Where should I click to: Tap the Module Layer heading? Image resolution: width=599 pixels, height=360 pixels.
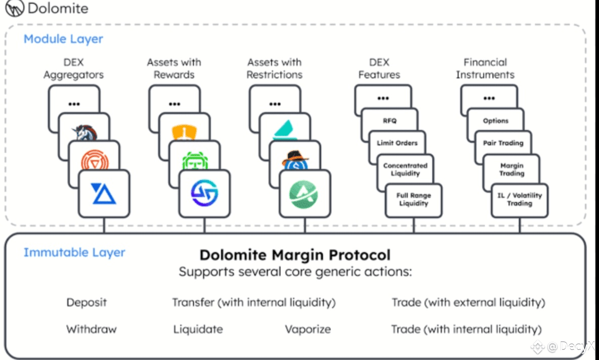63,39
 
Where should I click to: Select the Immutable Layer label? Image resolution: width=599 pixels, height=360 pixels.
74,252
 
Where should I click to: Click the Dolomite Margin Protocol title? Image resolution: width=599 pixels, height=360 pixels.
295,255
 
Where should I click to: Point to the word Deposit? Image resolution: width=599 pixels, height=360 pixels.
87,302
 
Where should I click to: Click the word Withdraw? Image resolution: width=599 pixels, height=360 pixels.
91,329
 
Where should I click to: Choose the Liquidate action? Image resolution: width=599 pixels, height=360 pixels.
198,329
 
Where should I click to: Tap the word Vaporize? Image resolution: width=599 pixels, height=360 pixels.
308,329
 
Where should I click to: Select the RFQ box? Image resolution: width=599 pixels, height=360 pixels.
390,121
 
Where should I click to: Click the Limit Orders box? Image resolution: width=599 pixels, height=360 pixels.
397,143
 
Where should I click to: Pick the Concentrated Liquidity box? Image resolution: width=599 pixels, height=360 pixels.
405,169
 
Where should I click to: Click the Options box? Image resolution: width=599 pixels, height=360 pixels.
496,121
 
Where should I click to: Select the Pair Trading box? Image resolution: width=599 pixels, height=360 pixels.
503,143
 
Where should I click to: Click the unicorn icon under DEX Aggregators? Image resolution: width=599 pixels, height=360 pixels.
85,132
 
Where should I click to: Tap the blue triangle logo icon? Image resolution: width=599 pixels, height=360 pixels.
104,194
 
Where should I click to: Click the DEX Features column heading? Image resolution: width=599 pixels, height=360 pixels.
379,68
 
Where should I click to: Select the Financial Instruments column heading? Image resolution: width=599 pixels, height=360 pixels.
485,68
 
